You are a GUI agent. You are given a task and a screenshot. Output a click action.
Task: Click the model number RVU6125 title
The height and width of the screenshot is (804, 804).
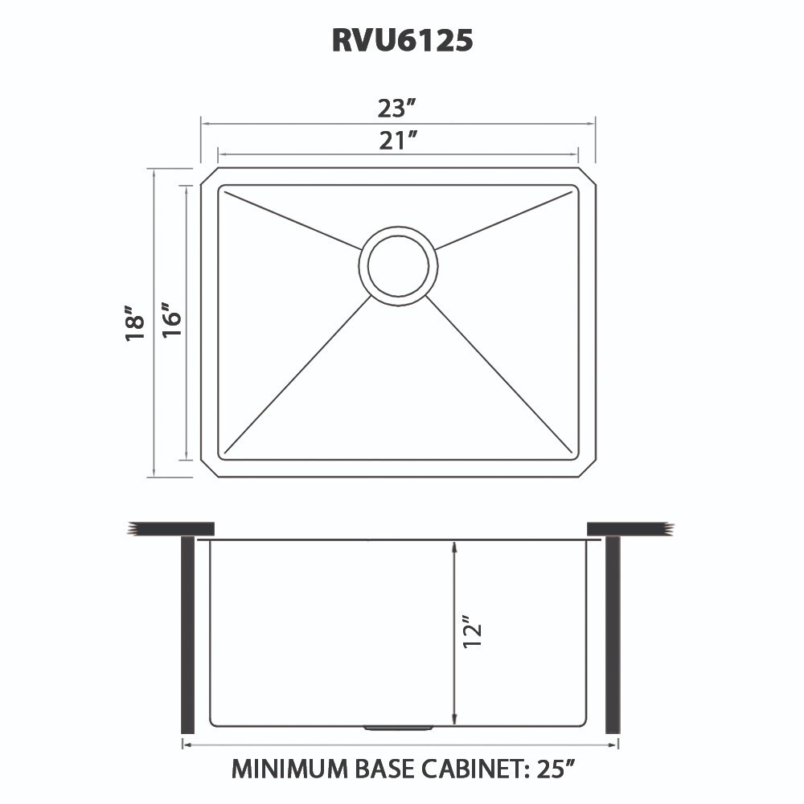[402, 41]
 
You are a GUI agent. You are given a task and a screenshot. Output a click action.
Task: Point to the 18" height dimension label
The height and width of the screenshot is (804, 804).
[135, 322]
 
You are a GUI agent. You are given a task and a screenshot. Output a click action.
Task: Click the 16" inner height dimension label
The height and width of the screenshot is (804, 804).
[170, 322]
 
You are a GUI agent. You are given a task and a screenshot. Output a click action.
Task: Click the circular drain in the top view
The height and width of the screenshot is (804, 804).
[399, 263]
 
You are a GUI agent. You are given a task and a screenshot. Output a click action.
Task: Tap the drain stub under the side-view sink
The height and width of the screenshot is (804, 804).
[399, 728]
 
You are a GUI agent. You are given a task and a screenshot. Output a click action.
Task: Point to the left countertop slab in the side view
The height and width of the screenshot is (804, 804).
[173, 527]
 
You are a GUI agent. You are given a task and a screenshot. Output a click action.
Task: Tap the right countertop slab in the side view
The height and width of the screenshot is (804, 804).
[627, 527]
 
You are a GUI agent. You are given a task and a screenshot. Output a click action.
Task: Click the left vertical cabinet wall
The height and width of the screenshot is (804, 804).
[187, 635]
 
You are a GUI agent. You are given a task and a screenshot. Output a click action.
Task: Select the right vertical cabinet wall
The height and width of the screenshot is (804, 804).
[613, 635]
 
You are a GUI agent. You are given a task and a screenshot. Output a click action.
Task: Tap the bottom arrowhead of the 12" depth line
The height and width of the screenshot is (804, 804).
[455, 718]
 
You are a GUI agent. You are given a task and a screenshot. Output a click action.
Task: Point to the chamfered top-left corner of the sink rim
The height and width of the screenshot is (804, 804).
[207, 176]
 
